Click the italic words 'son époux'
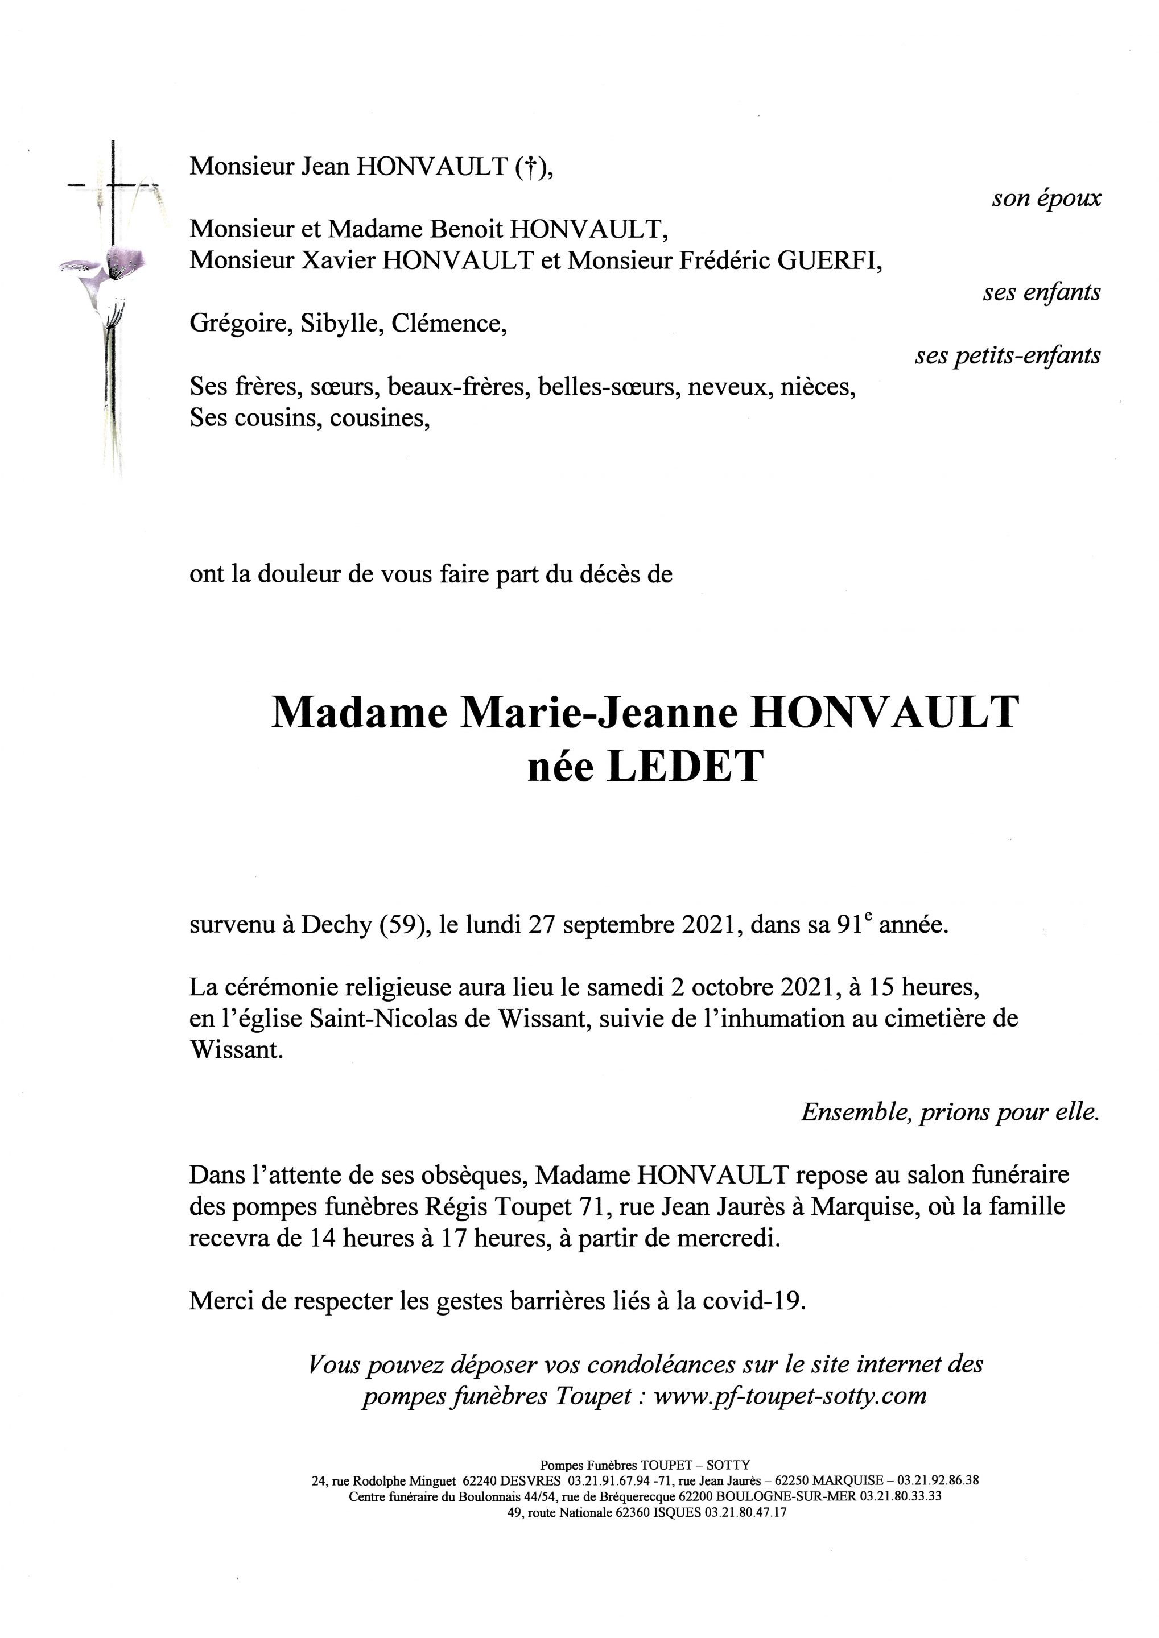pyautogui.click(x=1046, y=198)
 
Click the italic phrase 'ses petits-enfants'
pyautogui.click(x=1007, y=355)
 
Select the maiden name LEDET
pyautogui.click(x=684, y=767)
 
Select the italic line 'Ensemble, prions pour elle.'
pyautogui.click(x=950, y=1112)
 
